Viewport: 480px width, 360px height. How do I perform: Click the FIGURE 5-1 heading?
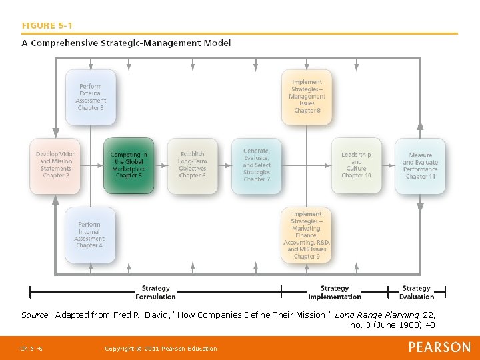pyautogui.click(x=47, y=26)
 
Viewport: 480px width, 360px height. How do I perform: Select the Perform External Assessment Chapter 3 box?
pyautogui.click(x=91, y=97)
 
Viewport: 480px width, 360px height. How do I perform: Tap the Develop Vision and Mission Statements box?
pyautogui.click(x=55, y=165)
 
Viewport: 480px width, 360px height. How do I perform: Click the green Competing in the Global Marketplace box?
pyautogui.click(x=129, y=165)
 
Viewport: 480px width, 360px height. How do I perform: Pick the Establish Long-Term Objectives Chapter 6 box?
pyautogui.click(x=192, y=165)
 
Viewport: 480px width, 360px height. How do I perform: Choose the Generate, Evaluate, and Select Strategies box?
pyautogui.click(x=257, y=165)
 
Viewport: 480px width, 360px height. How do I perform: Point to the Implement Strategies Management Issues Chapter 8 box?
pyautogui.click(x=307, y=97)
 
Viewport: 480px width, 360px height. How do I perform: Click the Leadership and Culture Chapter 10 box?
pyautogui.click(x=356, y=165)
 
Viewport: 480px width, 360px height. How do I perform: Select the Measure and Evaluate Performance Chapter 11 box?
pyautogui.click(x=420, y=165)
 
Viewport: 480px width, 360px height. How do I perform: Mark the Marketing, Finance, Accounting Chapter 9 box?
pyautogui.click(x=307, y=235)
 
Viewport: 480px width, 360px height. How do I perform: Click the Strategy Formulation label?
pyautogui.click(x=155, y=293)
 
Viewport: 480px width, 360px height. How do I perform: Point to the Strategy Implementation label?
pyautogui.click(x=334, y=293)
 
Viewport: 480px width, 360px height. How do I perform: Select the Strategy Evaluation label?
pyautogui.click(x=417, y=293)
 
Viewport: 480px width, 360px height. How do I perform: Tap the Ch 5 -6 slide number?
pyautogui.click(x=31, y=349)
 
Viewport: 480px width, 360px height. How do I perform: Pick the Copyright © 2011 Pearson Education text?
pyautogui.click(x=161, y=349)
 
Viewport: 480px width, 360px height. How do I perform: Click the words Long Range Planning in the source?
pyautogui.click(x=377, y=315)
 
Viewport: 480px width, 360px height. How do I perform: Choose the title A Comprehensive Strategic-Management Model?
pyautogui.click(x=127, y=43)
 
